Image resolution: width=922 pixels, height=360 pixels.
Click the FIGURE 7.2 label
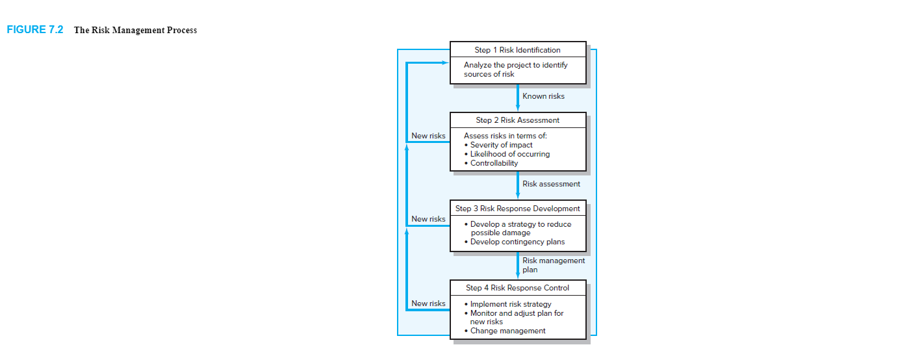35,30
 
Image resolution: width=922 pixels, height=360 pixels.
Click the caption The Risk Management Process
135,30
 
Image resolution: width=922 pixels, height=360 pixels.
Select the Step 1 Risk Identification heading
517,50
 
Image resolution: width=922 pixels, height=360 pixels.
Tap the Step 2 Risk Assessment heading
517,120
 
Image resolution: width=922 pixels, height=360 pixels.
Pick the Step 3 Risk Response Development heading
517,209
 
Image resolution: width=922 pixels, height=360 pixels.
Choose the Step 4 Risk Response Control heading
517,288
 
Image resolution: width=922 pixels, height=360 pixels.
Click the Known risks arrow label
543,96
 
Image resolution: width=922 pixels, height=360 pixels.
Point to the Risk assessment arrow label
551,184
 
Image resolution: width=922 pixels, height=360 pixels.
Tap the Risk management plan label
554,265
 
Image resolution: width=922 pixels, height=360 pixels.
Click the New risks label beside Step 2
428,136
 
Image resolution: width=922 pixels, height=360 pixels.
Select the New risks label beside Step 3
428,219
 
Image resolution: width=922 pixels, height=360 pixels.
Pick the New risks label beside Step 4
428,303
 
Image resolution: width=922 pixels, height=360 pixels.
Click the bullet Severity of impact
498,145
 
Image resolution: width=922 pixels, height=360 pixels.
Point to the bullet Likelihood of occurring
507,154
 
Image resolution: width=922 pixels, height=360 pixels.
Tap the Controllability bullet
491,163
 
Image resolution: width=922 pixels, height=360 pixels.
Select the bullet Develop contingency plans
515,242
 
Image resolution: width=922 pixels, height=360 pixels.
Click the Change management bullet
505,331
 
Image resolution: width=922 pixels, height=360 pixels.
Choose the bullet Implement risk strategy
508,304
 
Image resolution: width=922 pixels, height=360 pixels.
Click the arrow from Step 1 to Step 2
518,97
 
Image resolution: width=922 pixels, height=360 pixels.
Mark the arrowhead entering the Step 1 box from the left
445,62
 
